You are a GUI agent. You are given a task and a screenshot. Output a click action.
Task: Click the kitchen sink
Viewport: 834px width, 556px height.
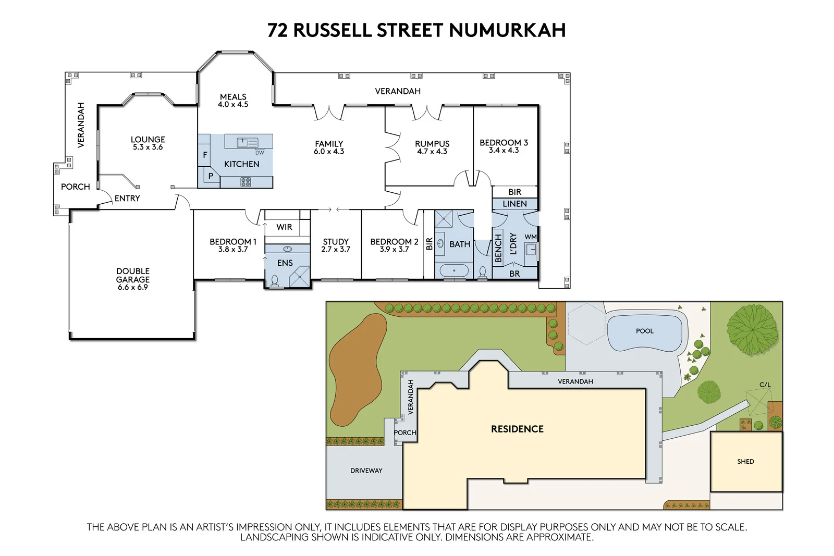(248, 142)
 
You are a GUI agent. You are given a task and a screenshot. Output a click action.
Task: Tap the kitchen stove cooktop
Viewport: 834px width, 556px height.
(246, 182)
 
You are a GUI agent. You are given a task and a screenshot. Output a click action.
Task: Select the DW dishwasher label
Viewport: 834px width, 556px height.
(260, 153)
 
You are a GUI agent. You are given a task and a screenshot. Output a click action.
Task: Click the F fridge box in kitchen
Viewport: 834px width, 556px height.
(205, 155)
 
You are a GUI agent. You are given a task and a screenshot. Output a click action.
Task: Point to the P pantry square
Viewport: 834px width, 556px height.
(211, 176)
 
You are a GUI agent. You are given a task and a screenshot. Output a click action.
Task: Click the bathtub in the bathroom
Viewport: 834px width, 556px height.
(454, 271)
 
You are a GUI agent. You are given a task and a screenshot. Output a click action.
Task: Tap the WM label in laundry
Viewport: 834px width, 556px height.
(530, 237)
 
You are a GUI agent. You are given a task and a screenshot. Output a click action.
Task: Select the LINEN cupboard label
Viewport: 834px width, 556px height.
(514, 204)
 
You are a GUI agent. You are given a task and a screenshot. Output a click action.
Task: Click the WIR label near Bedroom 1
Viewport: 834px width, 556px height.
(284, 227)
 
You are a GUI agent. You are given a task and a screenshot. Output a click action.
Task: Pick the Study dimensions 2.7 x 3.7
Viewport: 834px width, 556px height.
(336, 250)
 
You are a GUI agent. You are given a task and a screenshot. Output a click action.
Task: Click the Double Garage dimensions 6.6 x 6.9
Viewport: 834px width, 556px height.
(133, 287)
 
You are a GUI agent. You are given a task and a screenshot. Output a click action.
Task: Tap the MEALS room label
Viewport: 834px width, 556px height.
(233, 97)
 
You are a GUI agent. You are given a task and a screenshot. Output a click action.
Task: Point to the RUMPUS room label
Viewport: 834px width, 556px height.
(432, 144)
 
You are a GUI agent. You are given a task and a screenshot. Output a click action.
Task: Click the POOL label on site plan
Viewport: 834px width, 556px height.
(644, 331)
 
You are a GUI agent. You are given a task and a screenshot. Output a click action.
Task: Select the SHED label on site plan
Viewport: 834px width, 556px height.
(745, 461)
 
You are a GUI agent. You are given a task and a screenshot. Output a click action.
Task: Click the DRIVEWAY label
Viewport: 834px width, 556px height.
(366, 471)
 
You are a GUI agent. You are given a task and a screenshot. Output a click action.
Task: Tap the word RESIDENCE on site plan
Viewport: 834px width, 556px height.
(517, 429)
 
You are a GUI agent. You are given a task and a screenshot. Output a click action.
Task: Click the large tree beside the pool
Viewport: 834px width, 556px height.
(752, 329)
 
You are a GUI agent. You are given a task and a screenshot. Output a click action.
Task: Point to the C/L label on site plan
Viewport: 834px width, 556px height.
(765, 385)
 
